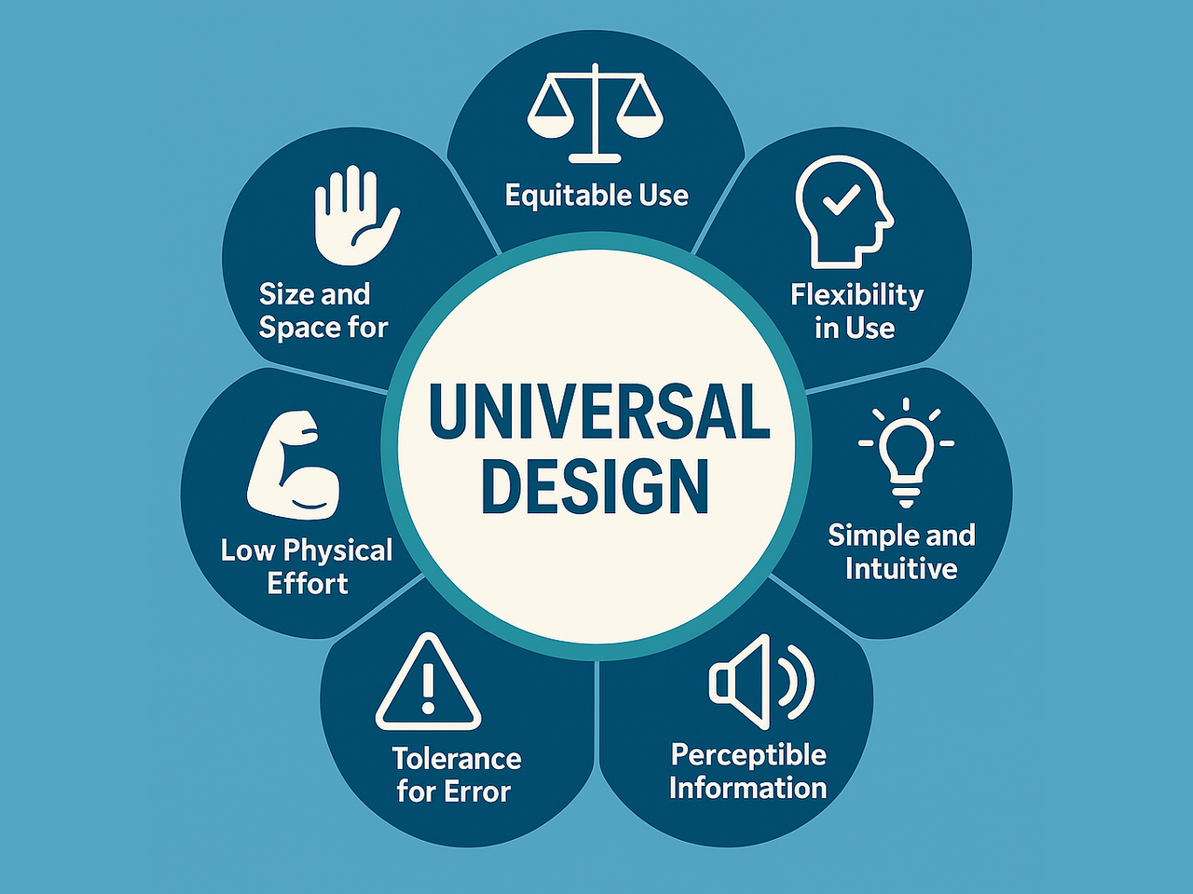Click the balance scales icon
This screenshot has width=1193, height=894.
596,114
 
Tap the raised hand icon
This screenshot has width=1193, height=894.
355,215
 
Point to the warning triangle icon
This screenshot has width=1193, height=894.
428,684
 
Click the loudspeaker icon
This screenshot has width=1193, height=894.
761,683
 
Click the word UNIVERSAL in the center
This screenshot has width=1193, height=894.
598,413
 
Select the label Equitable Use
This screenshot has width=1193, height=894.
596,196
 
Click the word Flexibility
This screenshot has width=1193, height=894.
857,295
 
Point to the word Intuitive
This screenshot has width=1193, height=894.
901,569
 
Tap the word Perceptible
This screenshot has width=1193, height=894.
748,754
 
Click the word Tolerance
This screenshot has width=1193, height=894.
456,758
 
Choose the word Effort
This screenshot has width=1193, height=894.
308,584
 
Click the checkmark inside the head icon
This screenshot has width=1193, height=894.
842,199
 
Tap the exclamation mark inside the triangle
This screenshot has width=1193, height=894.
428,689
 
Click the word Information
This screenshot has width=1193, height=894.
747,788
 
